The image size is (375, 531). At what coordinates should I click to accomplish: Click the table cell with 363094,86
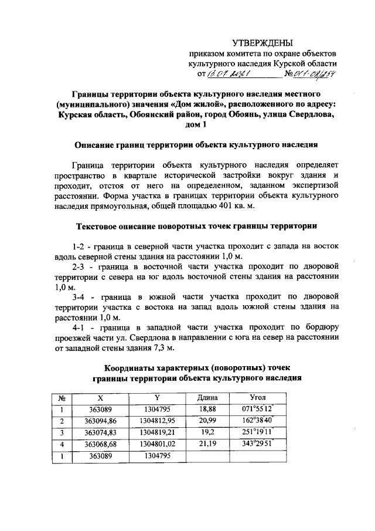point(101,421)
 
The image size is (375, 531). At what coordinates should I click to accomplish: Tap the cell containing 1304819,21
point(157,432)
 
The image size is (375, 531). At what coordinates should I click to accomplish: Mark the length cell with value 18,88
point(208,409)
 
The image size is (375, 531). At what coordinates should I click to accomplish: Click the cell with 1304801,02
point(157,444)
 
